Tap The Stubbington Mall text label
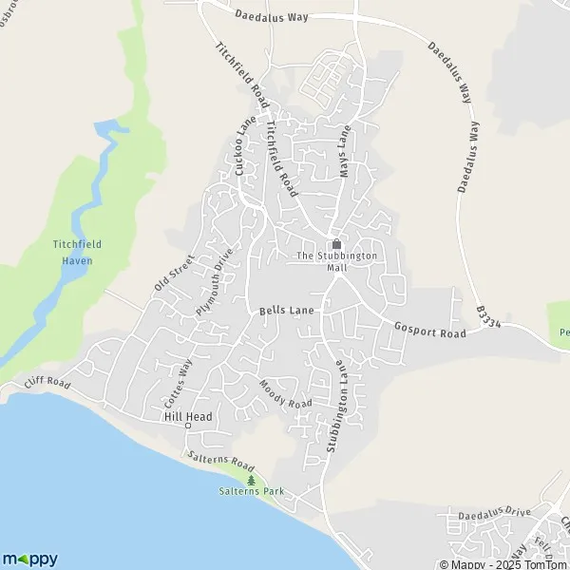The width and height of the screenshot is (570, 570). (336, 261)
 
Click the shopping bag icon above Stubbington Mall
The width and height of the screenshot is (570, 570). (336, 243)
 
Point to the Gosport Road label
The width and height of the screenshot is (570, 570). (429, 332)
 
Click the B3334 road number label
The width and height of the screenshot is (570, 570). (488, 314)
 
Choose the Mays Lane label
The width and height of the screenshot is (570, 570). (345, 151)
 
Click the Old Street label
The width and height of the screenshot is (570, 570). (174, 272)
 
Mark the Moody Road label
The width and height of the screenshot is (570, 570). (286, 393)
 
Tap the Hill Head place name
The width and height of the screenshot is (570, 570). (187, 417)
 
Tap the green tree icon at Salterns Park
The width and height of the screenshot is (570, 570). (252, 481)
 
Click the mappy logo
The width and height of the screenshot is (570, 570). (30, 559)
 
